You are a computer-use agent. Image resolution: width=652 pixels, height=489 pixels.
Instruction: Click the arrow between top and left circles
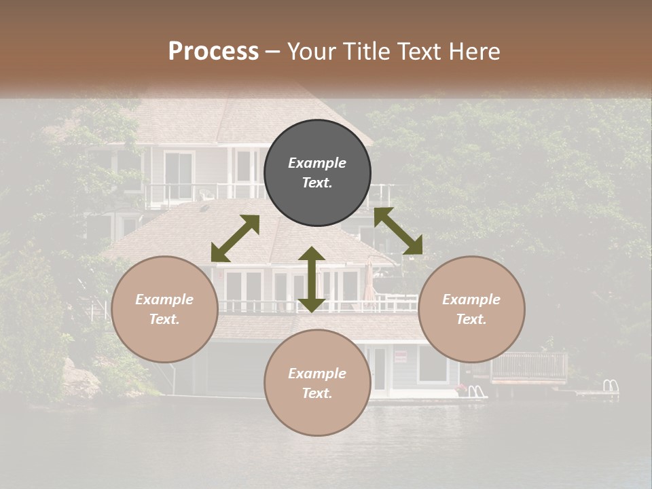pos(235,238)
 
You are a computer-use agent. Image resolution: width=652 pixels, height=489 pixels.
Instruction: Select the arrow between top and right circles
pos(398,231)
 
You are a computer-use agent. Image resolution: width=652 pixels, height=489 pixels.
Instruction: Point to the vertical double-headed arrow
pos(311,279)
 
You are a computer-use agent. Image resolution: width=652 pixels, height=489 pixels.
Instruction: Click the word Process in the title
pos(213,51)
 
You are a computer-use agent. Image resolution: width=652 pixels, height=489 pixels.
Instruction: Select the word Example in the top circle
pos(317,163)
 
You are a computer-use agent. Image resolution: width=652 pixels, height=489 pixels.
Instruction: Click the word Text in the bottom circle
pos(317,393)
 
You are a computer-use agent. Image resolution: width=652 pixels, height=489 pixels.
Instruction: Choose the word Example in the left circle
pos(164,300)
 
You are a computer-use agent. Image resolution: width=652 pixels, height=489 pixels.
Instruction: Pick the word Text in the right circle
pos(471,319)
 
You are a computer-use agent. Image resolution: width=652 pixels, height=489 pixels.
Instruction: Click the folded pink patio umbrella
pos(369,282)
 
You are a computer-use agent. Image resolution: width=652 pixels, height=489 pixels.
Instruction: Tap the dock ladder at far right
pos(611,386)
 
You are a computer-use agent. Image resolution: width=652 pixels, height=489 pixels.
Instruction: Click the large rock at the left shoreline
pos(80,379)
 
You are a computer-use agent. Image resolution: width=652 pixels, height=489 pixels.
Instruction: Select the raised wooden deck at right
pos(528,367)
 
